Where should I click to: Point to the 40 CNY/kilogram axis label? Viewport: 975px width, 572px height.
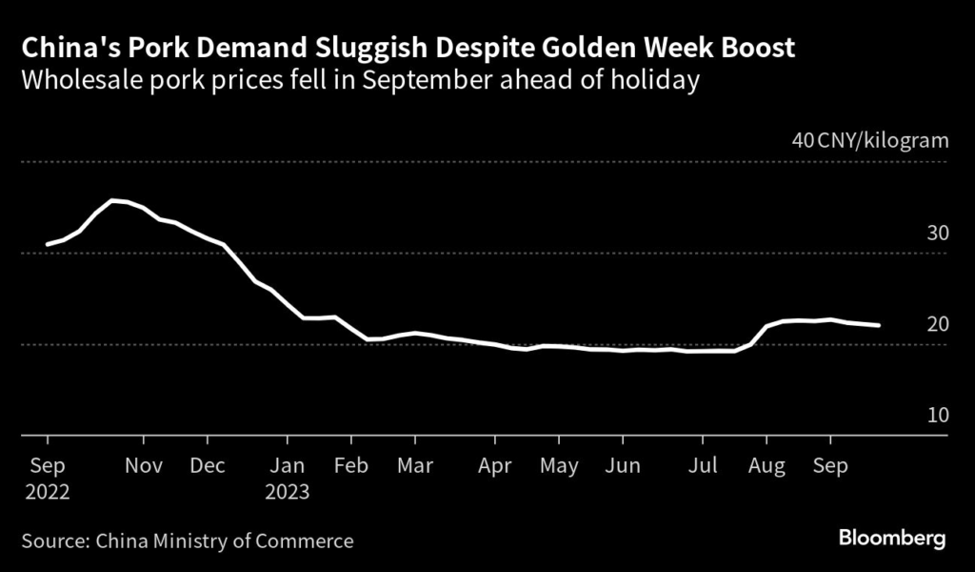870,141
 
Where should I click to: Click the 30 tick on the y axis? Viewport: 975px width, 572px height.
938,233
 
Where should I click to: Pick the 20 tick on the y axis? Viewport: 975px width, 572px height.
938,324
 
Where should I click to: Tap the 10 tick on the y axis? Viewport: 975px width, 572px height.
938,416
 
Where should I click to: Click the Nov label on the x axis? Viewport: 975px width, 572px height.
144,466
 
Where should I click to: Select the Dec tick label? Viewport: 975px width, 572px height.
208,466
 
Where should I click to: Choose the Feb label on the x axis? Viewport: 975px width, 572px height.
351,466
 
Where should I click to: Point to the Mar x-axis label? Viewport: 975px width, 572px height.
415,466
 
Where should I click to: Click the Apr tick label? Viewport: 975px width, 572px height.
494,466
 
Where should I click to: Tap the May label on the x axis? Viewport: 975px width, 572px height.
559,466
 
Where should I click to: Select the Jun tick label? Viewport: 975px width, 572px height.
623,466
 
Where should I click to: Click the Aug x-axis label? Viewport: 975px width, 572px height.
766,466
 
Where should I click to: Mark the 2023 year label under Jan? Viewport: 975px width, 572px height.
288,493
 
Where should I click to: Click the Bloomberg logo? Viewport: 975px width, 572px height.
892,539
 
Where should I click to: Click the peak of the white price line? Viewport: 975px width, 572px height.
113,200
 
